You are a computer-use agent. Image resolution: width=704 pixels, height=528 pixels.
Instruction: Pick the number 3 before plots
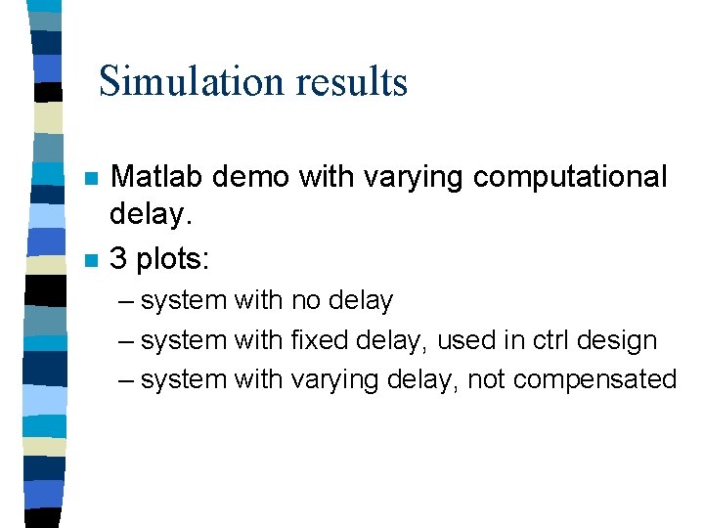118,259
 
